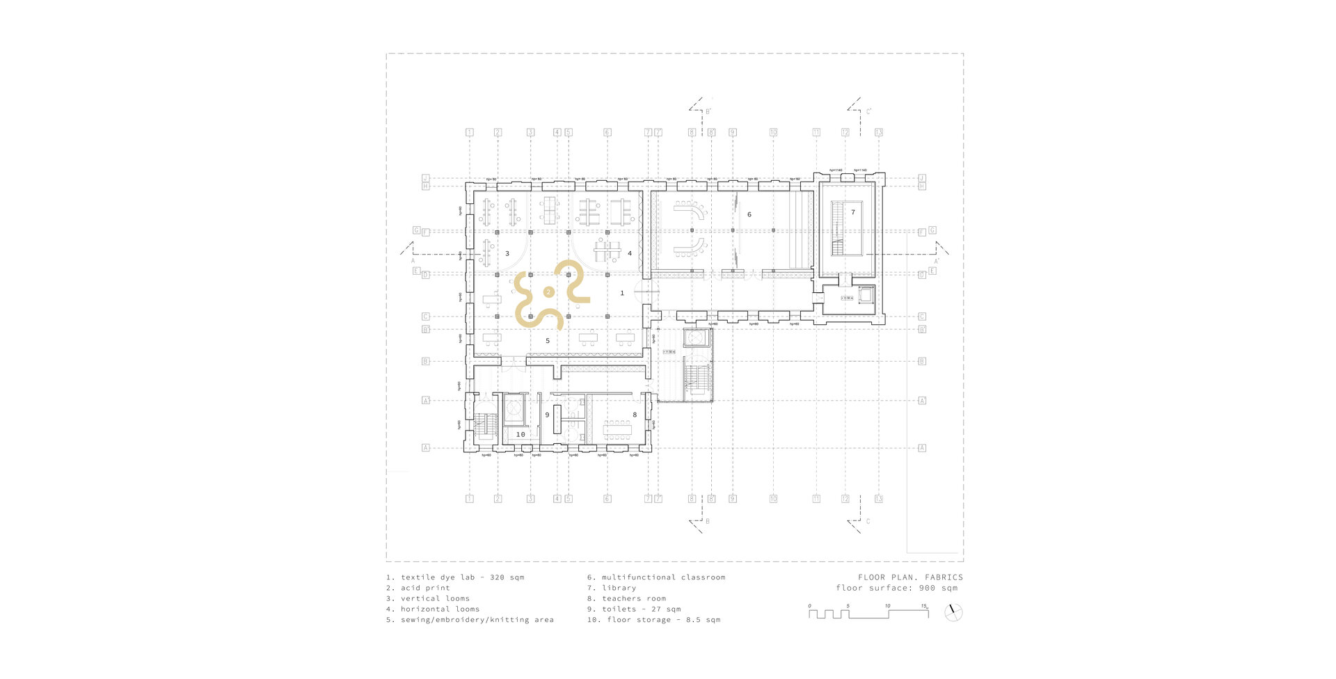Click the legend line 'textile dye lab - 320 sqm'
click(x=455, y=577)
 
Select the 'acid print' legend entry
click(x=418, y=588)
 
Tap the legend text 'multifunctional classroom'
click(x=656, y=577)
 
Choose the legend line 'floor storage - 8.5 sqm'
click(x=653, y=620)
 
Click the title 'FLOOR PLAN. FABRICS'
click(x=910, y=577)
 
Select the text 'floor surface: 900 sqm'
click(x=897, y=588)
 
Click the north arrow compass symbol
click(x=954, y=613)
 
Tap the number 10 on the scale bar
click(x=887, y=606)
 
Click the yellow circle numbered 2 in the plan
click(x=549, y=292)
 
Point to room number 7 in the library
click(x=852, y=211)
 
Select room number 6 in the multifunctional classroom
click(x=749, y=215)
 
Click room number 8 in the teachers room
click(x=634, y=415)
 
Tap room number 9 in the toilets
click(x=547, y=415)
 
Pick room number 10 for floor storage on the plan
click(x=520, y=434)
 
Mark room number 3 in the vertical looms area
click(x=507, y=254)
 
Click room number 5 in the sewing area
click(x=548, y=341)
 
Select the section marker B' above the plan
click(x=708, y=111)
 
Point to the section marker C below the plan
click(x=867, y=521)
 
